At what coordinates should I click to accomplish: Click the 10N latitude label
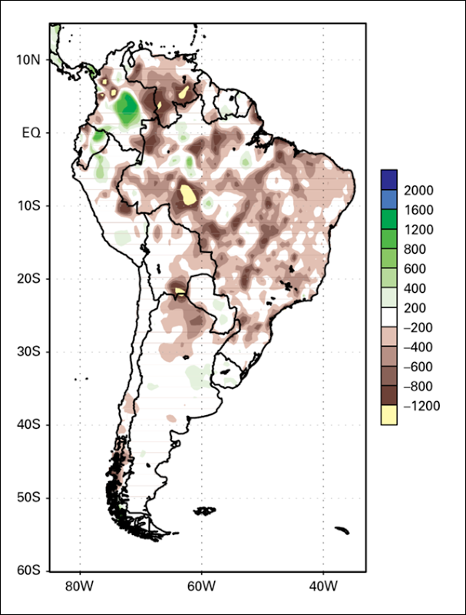(x=28, y=60)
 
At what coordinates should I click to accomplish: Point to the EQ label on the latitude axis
(x=31, y=133)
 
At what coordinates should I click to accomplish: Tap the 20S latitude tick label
(x=28, y=279)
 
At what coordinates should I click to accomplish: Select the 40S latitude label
(x=28, y=425)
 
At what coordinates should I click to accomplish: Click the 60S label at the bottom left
(x=28, y=570)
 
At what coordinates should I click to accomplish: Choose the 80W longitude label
(x=80, y=587)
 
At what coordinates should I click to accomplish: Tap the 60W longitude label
(x=201, y=587)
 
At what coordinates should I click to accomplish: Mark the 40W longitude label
(x=323, y=587)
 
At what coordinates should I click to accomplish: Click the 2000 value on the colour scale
(x=418, y=190)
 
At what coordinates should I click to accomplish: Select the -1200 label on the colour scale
(x=421, y=406)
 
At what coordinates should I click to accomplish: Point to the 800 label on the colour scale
(x=415, y=249)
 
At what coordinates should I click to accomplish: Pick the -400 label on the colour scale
(x=418, y=347)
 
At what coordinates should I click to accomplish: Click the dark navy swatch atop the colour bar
(x=389, y=180)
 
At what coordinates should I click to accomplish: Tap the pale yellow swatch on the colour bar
(x=389, y=415)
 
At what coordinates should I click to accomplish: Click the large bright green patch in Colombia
(x=127, y=108)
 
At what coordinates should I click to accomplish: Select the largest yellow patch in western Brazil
(x=188, y=195)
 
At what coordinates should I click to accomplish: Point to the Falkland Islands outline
(x=204, y=510)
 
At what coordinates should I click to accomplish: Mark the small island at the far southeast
(x=342, y=530)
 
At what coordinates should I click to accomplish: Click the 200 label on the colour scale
(x=415, y=308)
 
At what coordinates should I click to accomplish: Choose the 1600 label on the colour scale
(x=418, y=210)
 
